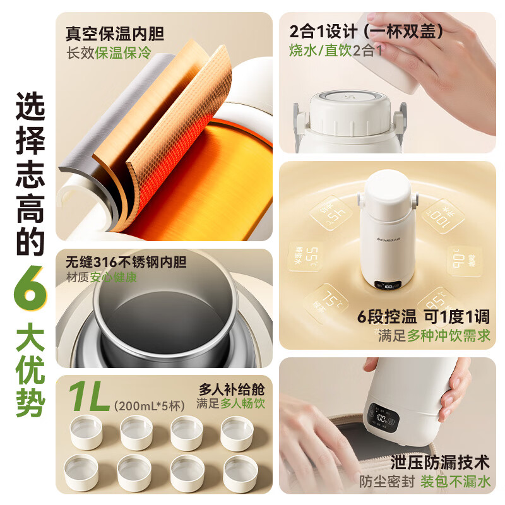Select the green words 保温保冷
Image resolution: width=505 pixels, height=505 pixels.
tap(124, 52)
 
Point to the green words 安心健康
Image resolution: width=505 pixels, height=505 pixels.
tap(114, 277)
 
